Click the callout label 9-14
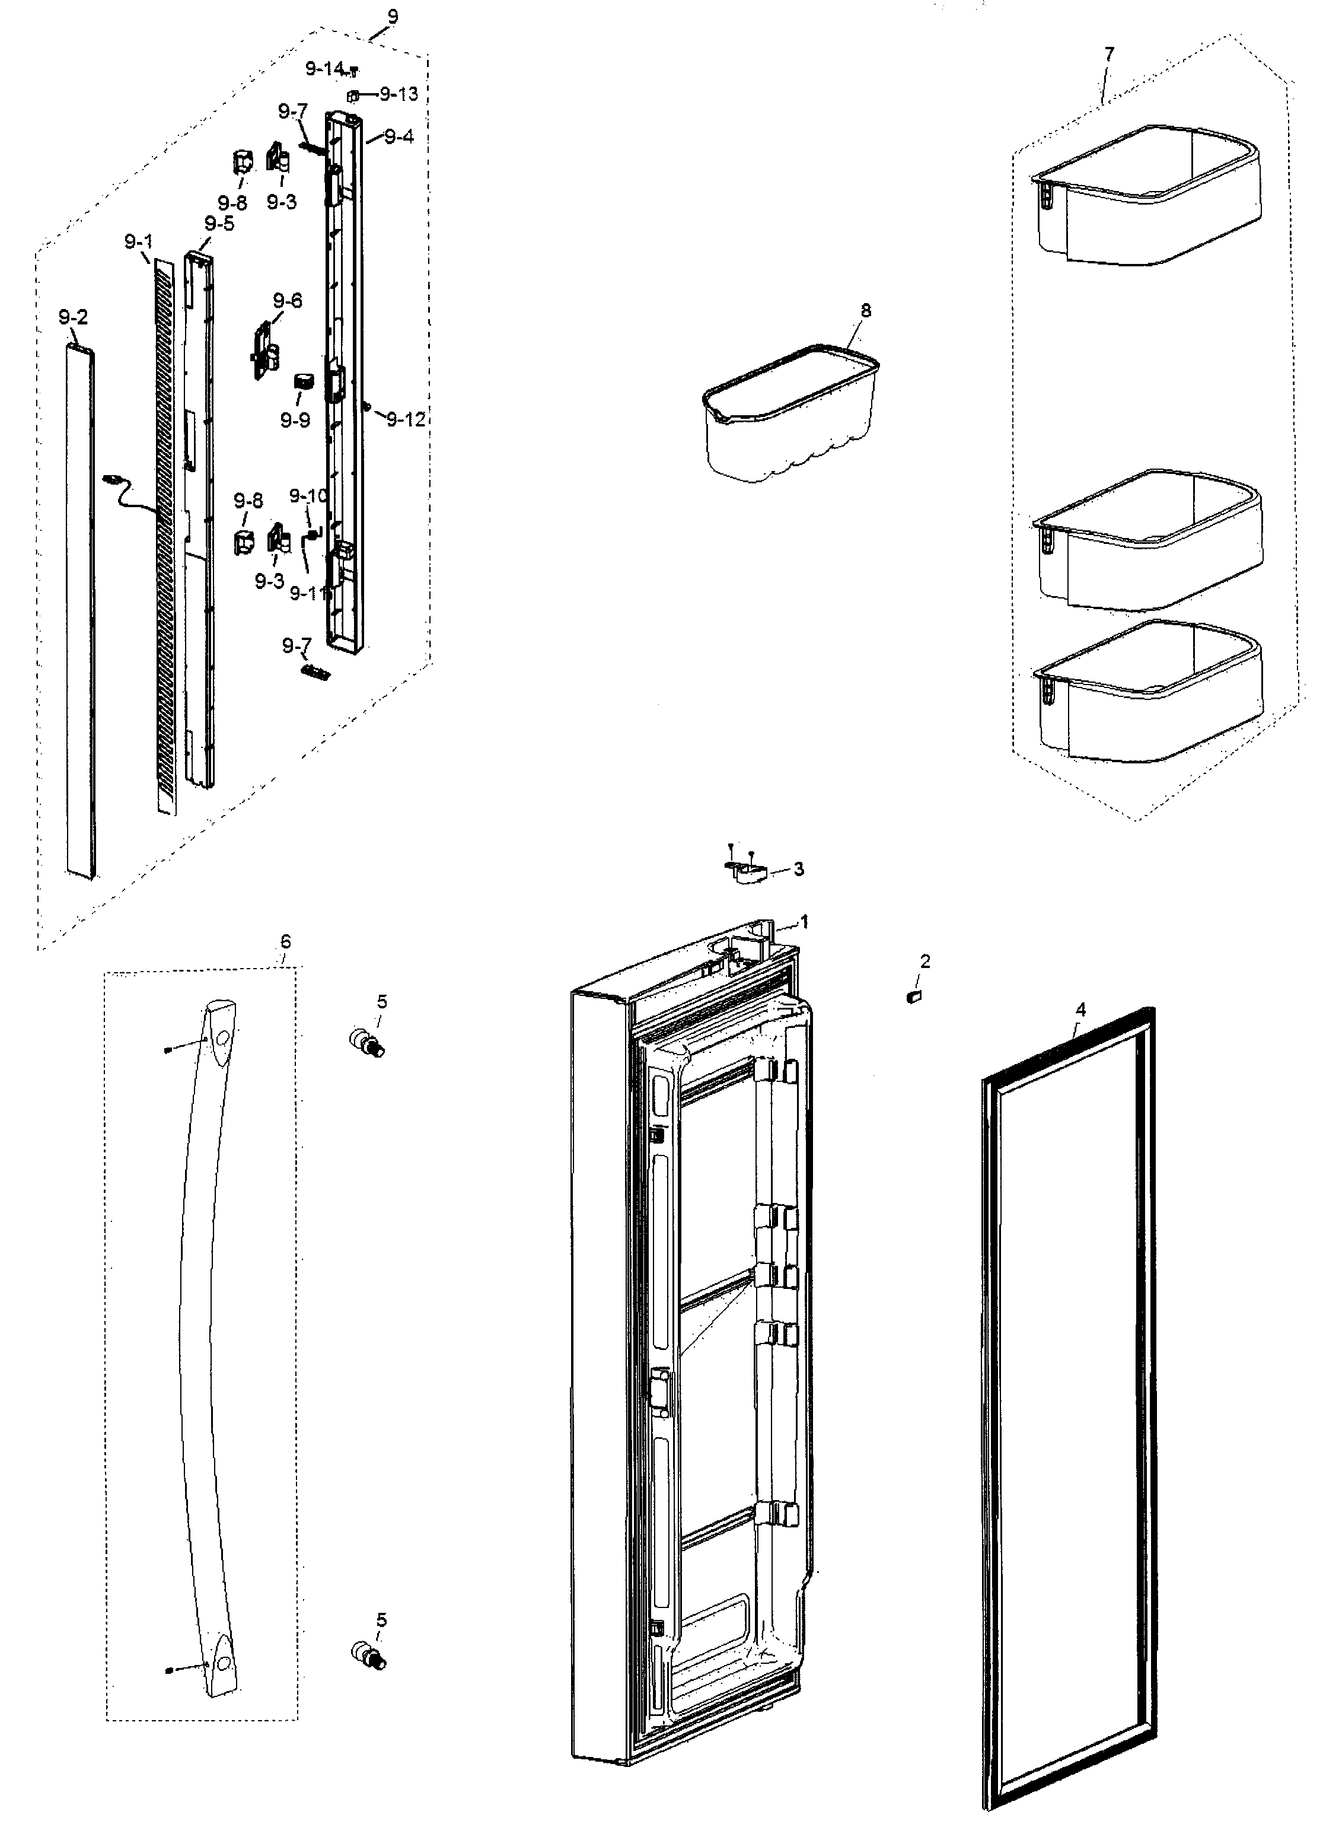[x=324, y=69]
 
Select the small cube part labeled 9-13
[x=353, y=95]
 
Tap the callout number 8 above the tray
[x=866, y=310]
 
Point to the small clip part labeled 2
[x=914, y=996]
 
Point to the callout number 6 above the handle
[x=285, y=941]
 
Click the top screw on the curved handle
[x=166, y=1050]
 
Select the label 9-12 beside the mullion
[x=406, y=419]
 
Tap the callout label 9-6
[x=288, y=301]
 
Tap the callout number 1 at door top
[x=804, y=922]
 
